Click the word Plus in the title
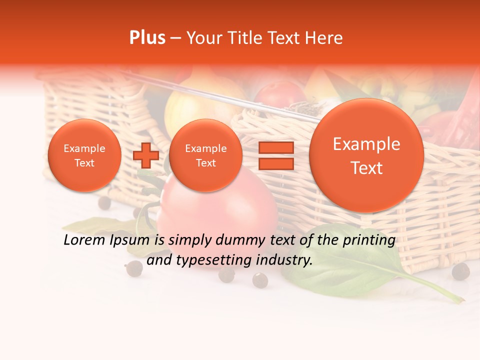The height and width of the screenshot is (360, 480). point(147,38)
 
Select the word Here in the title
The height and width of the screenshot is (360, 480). point(324,38)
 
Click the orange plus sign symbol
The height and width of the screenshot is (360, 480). point(145,155)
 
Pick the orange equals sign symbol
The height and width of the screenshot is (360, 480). point(276,155)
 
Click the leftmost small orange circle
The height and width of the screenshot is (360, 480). point(84,155)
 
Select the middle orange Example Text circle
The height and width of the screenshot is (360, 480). point(206,155)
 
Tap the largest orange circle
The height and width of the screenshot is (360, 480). point(366,155)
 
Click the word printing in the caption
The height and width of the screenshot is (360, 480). point(368,240)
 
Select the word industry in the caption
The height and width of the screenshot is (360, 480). point(284,260)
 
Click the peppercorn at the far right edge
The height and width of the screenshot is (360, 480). point(460,271)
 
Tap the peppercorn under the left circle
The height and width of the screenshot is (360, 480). point(104,202)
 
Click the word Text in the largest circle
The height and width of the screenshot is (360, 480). point(366,168)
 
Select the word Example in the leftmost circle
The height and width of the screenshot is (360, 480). point(84,148)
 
